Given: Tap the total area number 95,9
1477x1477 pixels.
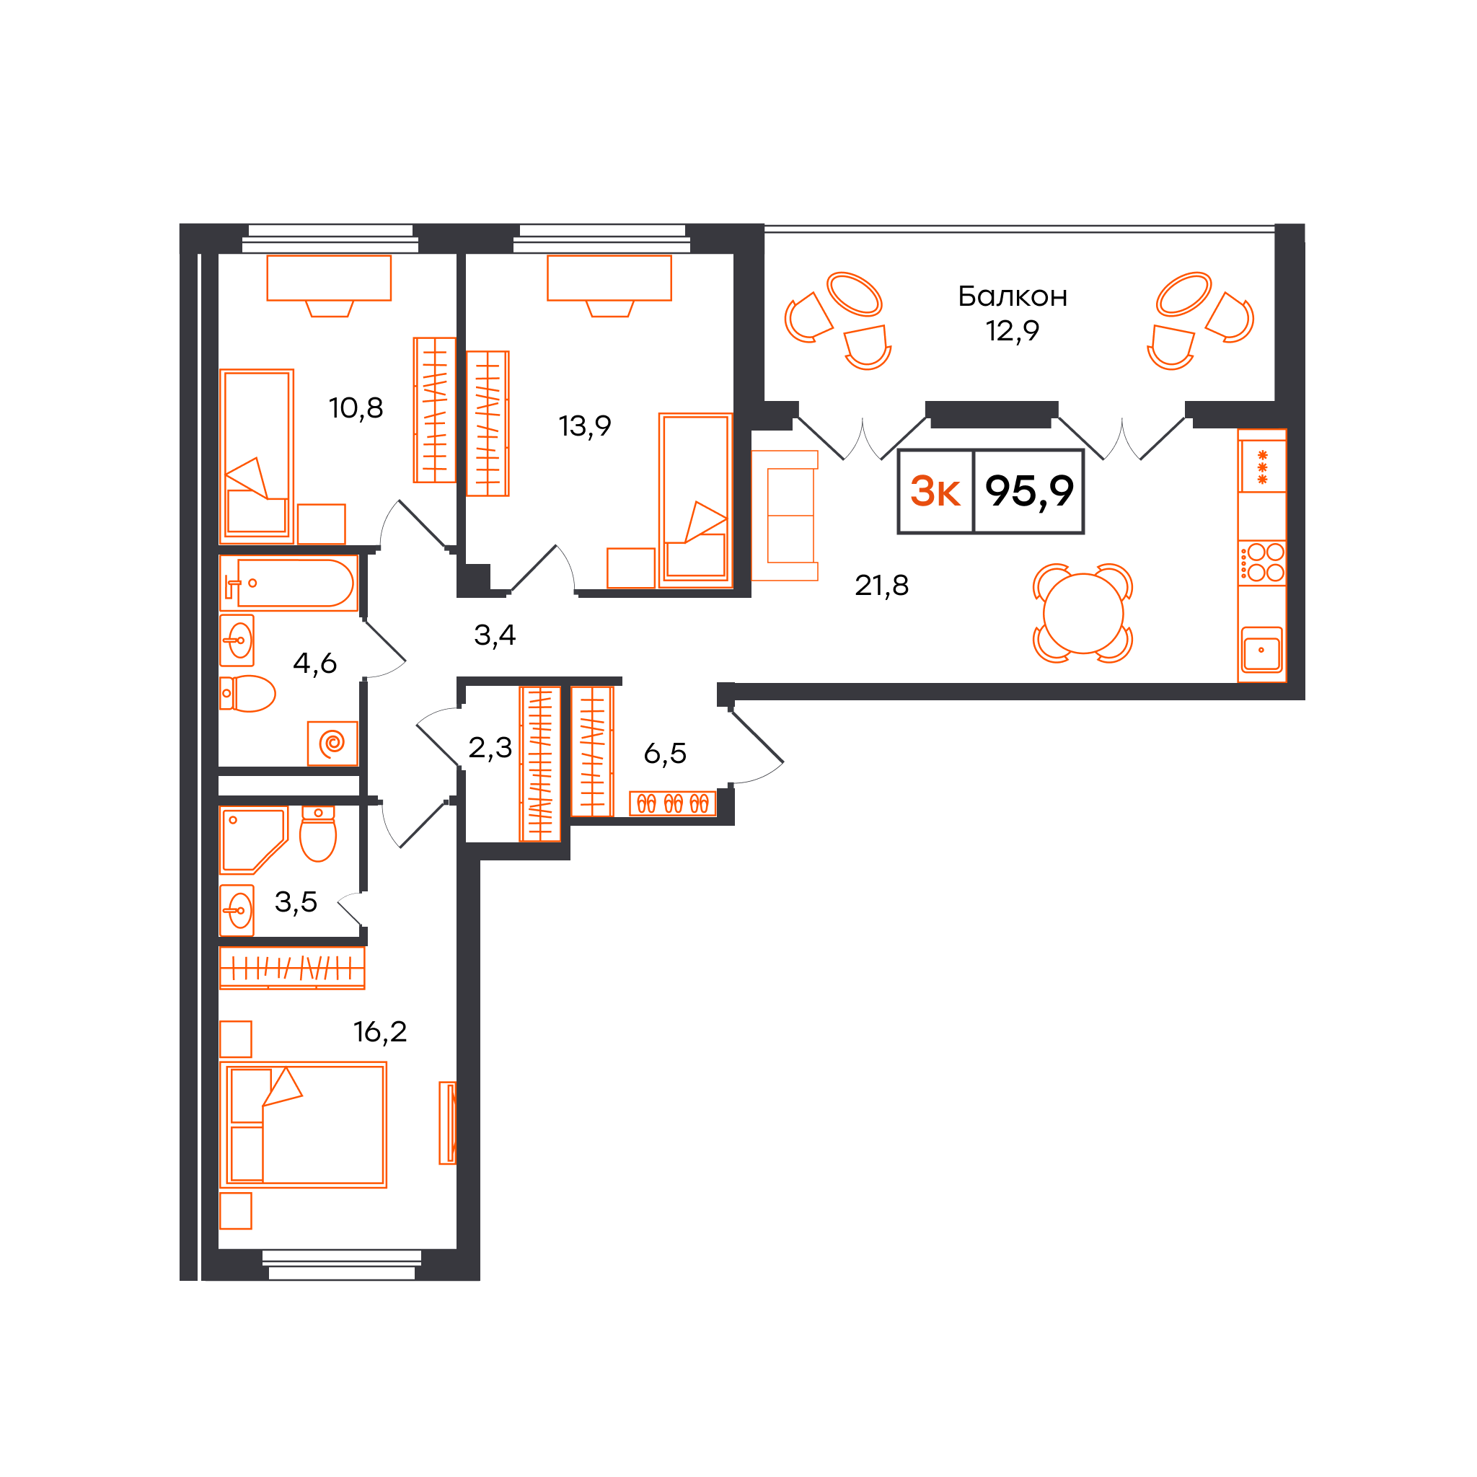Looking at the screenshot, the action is click(x=1029, y=491).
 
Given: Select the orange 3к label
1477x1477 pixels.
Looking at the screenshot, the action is click(x=934, y=491).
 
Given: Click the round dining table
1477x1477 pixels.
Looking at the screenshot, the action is click(x=1083, y=613).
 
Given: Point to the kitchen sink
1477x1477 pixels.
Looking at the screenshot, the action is click(x=1261, y=650).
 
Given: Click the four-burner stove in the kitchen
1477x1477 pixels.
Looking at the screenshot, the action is click(x=1262, y=563).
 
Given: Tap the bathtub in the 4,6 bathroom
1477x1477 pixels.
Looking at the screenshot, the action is click(x=289, y=583).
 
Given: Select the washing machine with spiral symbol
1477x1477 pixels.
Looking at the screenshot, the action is click(x=332, y=742).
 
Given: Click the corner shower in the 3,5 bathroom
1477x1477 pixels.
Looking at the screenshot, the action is click(x=253, y=839).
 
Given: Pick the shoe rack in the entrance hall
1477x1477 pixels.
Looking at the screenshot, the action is click(x=673, y=803).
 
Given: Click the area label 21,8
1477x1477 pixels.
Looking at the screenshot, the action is click(x=881, y=586).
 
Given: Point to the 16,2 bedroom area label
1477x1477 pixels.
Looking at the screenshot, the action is click(x=380, y=1032).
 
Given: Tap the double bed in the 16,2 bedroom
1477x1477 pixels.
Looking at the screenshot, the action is click(x=304, y=1124).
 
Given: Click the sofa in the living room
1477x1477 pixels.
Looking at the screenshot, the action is click(x=785, y=515).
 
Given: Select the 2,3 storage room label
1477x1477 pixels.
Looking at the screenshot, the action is click(x=490, y=748).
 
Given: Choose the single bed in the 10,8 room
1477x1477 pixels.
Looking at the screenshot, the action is click(x=257, y=457).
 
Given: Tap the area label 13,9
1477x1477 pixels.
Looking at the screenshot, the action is click(x=585, y=426).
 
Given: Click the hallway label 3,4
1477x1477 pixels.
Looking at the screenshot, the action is click(x=495, y=635).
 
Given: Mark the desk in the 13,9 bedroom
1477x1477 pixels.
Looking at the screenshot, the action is click(x=609, y=278).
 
